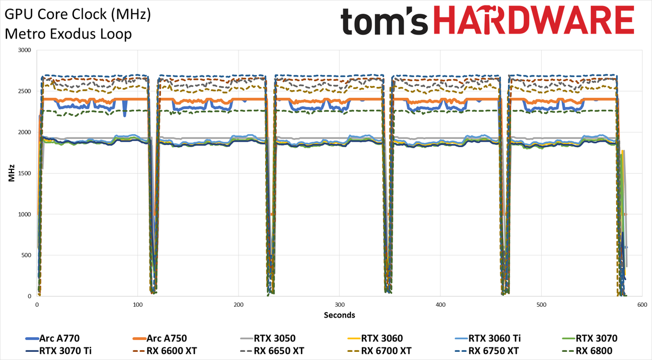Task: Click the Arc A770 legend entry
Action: pos(52,338)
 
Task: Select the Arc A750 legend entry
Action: pos(160,338)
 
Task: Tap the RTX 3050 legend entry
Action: pos(268,338)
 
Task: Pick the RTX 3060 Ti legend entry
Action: pos(488,338)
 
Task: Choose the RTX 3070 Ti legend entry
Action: pos(59,351)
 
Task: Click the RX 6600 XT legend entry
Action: pos(165,351)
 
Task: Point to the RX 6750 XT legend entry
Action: pos(487,351)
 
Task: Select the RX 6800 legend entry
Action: pos(587,351)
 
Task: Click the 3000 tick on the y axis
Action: pos(24,50)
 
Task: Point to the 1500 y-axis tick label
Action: pos(24,173)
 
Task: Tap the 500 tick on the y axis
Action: pos(26,255)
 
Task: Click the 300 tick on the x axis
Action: pos(340,305)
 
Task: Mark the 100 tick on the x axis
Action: pos(137,305)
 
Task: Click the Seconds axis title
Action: pos(340,315)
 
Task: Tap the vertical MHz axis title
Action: pos(11,173)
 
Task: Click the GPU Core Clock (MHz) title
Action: pos(78,15)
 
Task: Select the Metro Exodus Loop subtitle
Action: pos(68,34)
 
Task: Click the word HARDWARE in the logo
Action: pos(534,20)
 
